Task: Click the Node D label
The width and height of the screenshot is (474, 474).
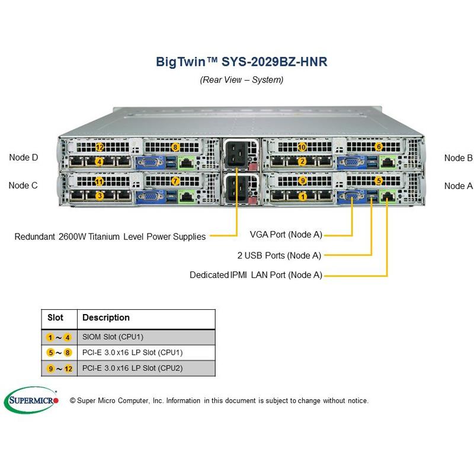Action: tap(24, 158)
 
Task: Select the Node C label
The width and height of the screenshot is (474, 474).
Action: tap(23, 185)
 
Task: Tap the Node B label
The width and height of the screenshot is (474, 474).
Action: tap(458, 158)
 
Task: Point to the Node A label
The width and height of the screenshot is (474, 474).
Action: tap(458, 185)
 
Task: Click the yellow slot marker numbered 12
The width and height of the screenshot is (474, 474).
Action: tap(100, 147)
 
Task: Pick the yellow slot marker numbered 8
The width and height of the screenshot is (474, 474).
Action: tap(175, 147)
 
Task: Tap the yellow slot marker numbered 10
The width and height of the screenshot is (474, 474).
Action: tap(302, 147)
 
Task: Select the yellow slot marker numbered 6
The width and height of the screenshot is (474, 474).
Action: tap(379, 147)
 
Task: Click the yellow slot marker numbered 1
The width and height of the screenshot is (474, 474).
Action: tap(303, 196)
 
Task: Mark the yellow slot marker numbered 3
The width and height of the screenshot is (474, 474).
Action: tap(100, 196)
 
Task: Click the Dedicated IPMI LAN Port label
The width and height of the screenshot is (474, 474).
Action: tap(256, 276)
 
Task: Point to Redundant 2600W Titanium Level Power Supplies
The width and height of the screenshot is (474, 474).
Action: tap(110, 236)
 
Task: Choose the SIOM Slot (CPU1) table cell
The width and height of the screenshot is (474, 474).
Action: tap(115, 337)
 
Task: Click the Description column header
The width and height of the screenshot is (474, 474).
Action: tap(106, 318)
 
